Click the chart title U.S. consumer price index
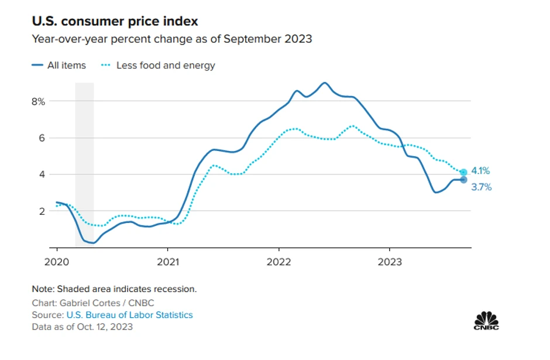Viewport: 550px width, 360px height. click(x=115, y=22)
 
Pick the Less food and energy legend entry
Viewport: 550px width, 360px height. click(x=166, y=66)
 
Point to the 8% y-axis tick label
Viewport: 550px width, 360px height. click(x=38, y=101)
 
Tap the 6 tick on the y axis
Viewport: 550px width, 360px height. click(x=41, y=138)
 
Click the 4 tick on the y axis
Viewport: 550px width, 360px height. click(x=41, y=174)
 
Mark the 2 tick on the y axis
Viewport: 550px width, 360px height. click(x=41, y=211)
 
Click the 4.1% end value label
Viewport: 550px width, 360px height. click(x=480, y=171)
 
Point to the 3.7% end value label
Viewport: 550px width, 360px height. click(x=482, y=188)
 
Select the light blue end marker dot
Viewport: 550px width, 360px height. click(x=463, y=172)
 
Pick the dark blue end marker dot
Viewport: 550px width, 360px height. click(x=463, y=180)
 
